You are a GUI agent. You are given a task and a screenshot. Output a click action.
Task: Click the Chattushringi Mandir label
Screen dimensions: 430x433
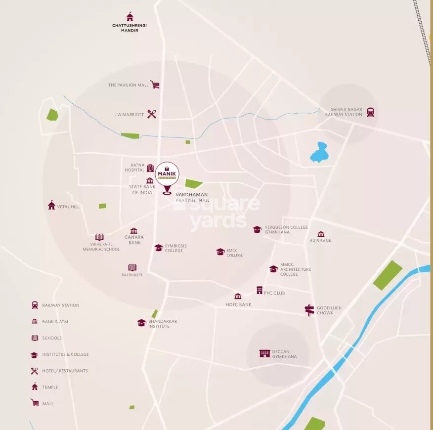point(130,28)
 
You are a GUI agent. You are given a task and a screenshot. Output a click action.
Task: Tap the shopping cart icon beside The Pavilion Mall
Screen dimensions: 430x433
point(155,85)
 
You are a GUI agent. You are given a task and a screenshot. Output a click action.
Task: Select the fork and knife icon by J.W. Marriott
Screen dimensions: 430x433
point(152,114)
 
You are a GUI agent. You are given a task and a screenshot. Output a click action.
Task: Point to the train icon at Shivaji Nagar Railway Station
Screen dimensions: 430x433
point(370,112)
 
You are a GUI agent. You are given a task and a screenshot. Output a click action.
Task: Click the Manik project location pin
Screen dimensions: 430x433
point(167,177)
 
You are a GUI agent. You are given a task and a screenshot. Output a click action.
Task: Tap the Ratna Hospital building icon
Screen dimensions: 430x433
point(150,168)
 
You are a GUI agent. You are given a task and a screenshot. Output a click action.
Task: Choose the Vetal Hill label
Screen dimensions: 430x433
point(68,207)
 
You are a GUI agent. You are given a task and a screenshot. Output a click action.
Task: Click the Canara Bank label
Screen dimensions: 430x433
point(134,240)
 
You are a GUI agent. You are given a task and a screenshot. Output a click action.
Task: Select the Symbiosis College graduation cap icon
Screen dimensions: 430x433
point(159,248)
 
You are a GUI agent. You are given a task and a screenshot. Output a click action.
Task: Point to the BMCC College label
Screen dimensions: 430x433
point(235,253)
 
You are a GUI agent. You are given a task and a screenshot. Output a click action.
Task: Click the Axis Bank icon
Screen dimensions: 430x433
point(321,234)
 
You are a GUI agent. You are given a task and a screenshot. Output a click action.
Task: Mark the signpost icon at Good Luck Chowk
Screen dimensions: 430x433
point(309,310)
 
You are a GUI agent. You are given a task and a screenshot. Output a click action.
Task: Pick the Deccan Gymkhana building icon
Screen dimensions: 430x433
point(265,353)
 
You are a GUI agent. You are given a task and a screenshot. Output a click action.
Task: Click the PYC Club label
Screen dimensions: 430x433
point(274,293)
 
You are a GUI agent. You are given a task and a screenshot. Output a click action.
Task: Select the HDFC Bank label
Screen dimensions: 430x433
point(238,304)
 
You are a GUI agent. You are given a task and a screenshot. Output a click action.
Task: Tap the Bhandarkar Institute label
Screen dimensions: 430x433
point(163,324)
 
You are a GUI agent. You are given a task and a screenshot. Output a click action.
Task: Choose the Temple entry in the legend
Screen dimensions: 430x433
point(50,387)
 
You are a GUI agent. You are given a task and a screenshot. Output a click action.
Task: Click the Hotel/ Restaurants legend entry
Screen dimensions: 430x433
point(65,371)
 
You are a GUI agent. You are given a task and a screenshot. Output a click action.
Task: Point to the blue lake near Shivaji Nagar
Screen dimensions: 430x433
point(319,153)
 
